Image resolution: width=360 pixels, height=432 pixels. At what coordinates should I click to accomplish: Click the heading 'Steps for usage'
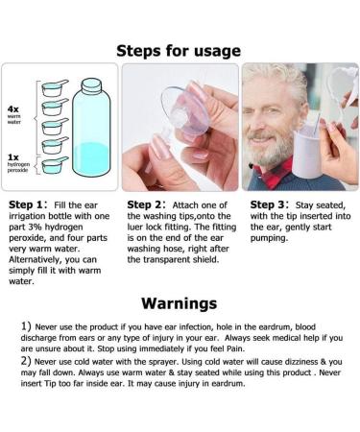point(180,49)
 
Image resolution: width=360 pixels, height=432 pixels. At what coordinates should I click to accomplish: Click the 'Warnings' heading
point(180,303)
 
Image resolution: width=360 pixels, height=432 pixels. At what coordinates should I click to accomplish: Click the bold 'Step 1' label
point(26,205)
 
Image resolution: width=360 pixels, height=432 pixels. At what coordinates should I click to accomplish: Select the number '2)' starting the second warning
point(26,363)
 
